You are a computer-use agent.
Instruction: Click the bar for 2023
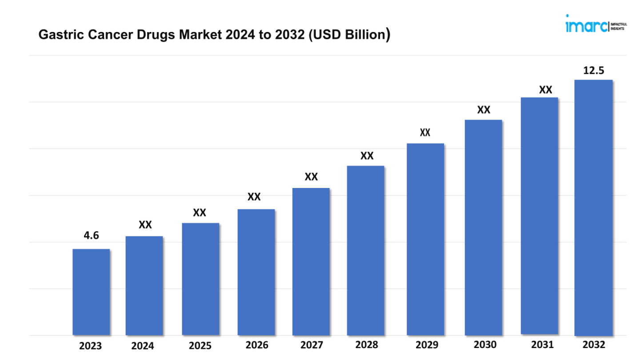[91, 292]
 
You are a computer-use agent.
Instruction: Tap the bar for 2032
[593, 208]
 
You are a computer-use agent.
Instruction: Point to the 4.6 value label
[91, 236]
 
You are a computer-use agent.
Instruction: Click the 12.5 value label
[593, 70]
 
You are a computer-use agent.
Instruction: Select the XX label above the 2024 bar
[145, 225]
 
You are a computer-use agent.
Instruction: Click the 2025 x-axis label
[200, 346]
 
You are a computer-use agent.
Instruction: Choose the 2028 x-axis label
[366, 345]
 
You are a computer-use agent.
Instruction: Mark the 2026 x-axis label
[257, 345]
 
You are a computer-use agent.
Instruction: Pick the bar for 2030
[483, 227]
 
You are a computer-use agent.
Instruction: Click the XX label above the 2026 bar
[254, 197]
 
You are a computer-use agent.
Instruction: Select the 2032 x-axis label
[594, 344]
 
